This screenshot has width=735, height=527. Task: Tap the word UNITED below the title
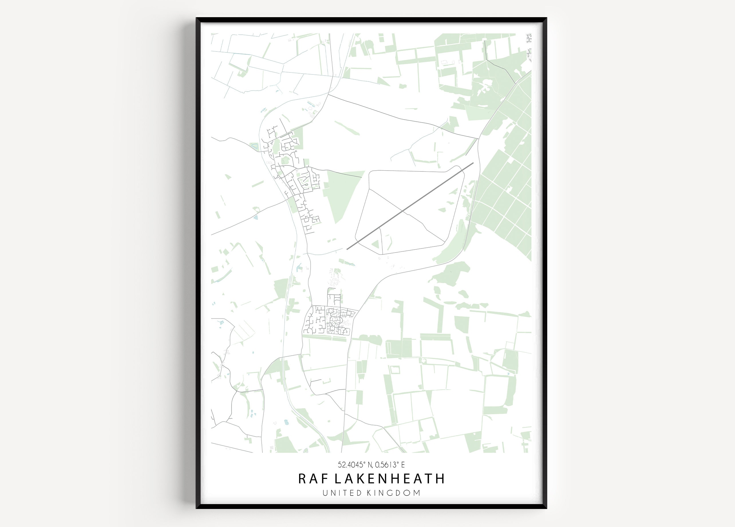click(x=342, y=493)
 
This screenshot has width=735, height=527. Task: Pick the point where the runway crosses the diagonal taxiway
click(x=403, y=211)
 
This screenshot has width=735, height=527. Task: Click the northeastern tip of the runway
click(x=473, y=163)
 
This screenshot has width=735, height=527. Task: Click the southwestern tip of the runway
click(x=347, y=249)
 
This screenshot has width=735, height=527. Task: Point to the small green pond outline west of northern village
click(x=255, y=147)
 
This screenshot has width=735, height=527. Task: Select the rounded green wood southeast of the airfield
click(x=452, y=272)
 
